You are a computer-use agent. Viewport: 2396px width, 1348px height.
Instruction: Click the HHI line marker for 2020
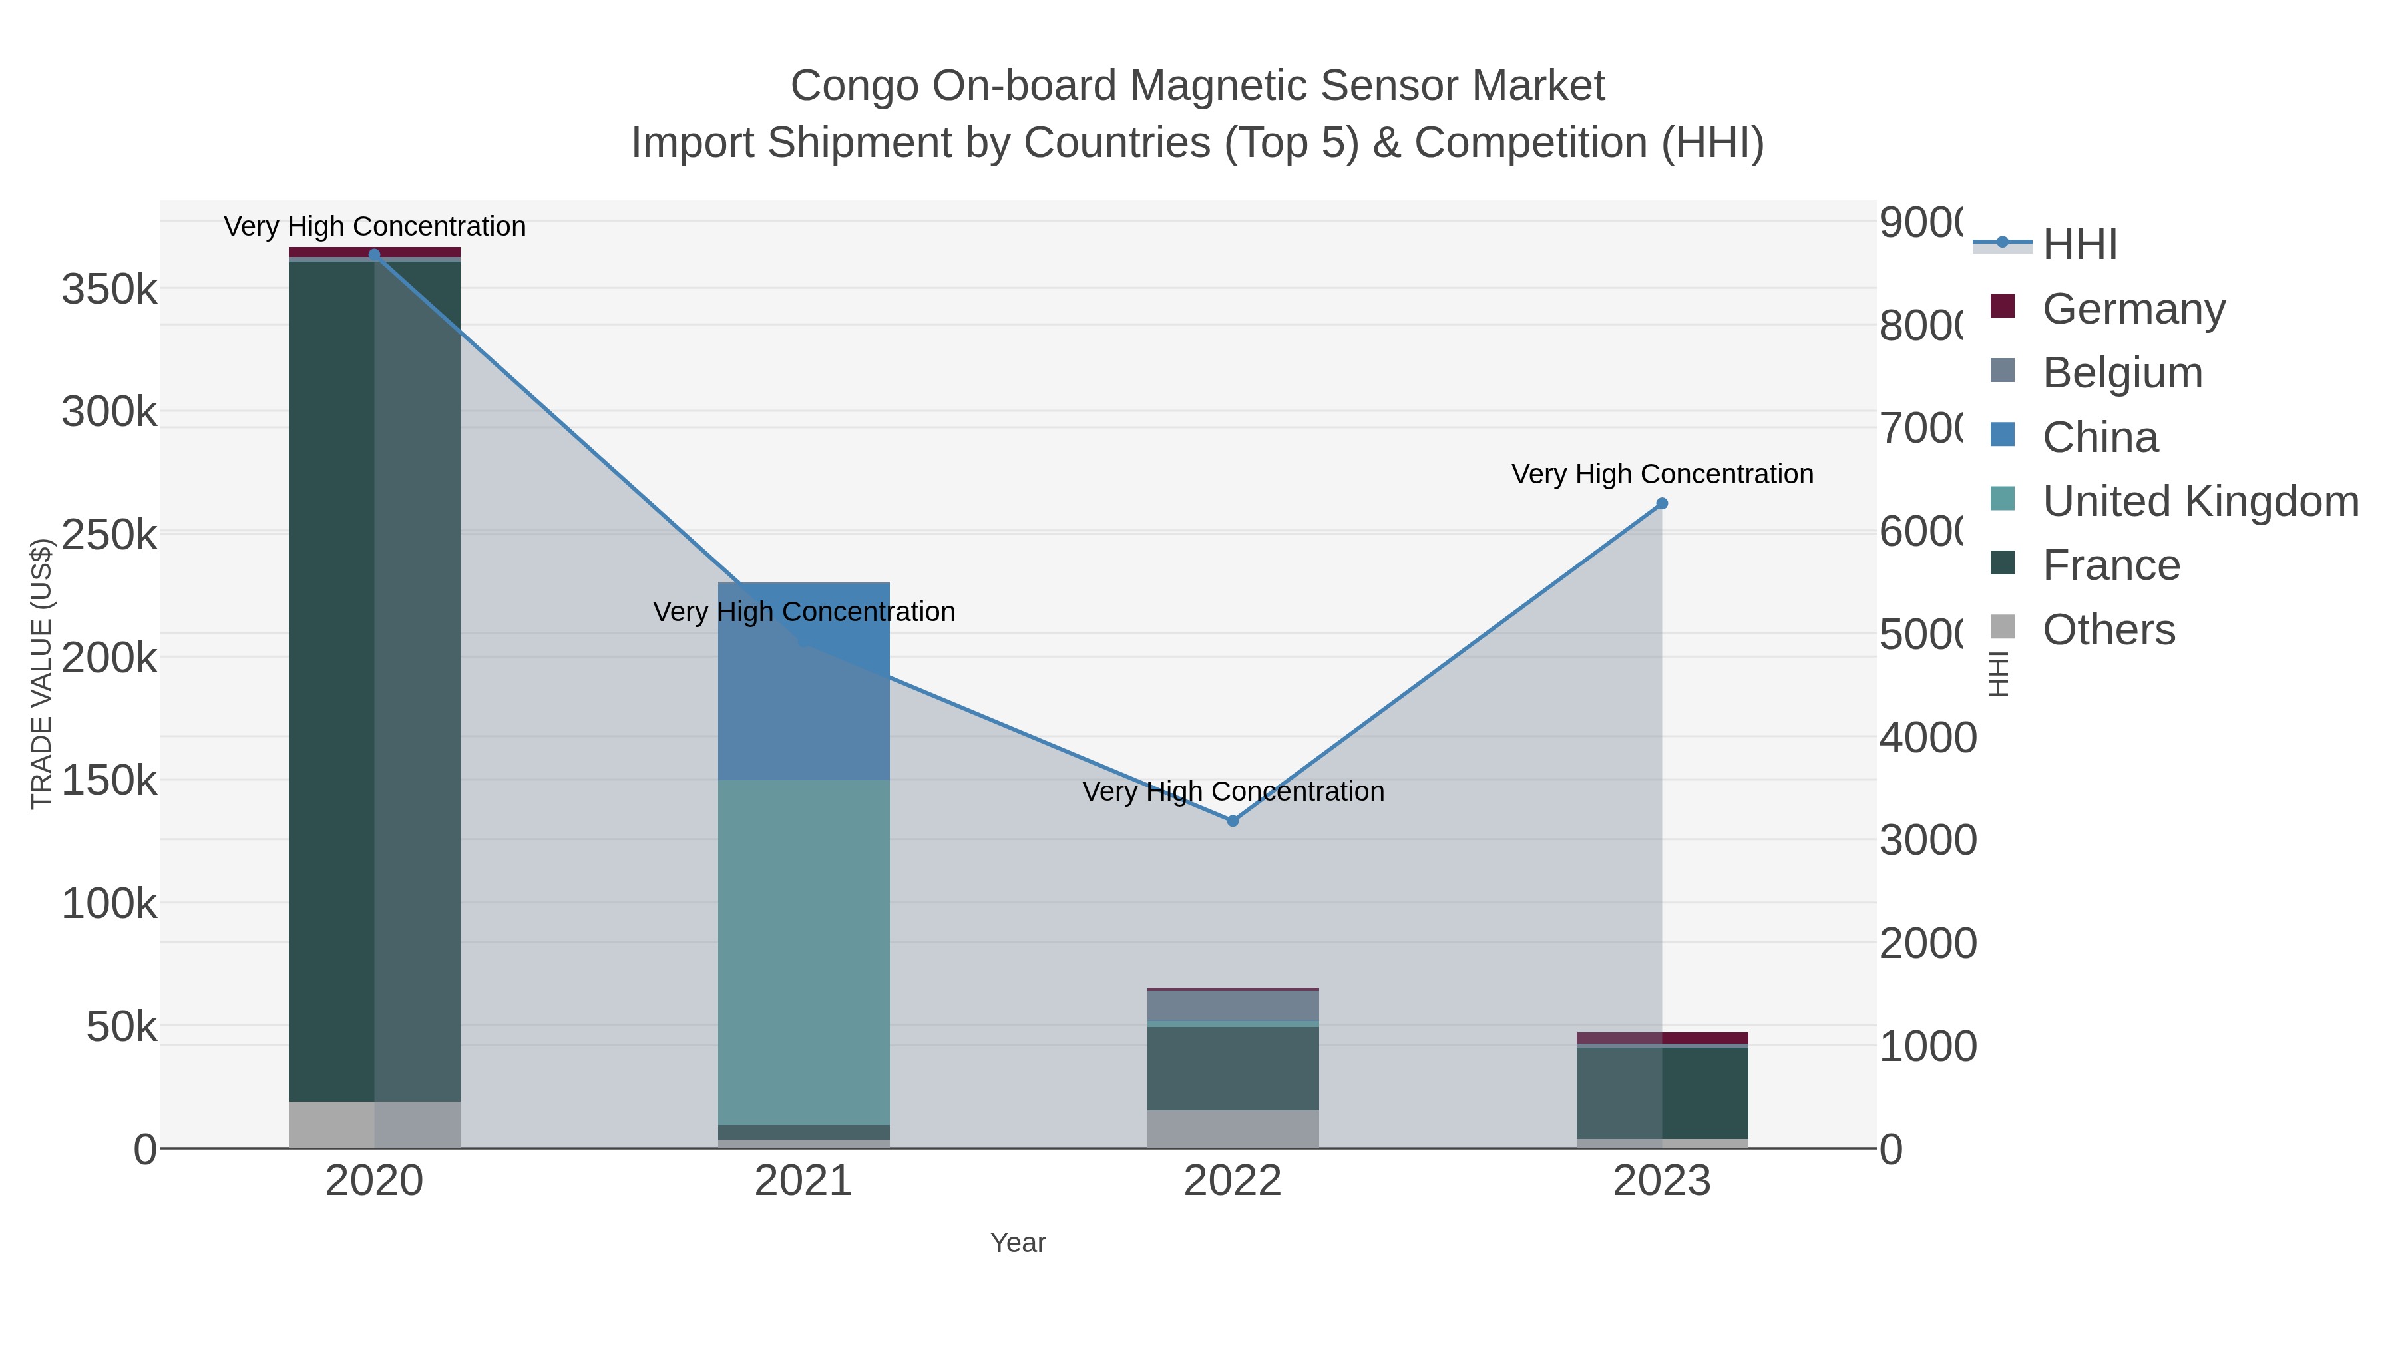pyautogui.click(x=374, y=255)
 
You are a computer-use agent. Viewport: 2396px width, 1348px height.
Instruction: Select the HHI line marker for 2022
pyautogui.click(x=1233, y=821)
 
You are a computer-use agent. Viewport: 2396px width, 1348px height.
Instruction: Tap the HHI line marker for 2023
pyautogui.click(x=1662, y=503)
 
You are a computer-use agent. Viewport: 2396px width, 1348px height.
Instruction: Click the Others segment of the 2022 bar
pyautogui.click(x=1233, y=1128)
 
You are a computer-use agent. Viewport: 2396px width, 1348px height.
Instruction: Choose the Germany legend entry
pyautogui.click(x=2133, y=309)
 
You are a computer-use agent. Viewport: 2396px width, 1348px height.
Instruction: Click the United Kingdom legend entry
pyautogui.click(x=2200, y=501)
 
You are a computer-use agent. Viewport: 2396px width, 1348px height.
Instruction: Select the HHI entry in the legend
pyautogui.click(x=2080, y=245)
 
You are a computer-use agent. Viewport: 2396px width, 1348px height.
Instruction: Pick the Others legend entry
pyautogui.click(x=2108, y=630)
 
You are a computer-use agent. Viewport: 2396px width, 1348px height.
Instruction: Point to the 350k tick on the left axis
pyautogui.click(x=109, y=290)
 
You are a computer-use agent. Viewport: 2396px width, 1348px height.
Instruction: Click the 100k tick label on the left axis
pyautogui.click(x=109, y=903)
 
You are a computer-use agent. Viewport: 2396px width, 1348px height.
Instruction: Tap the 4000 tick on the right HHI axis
pyautogui.click(x=1927, y=738)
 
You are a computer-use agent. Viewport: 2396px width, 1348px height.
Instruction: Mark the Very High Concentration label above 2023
pyautogui.click(x=1662, y=475)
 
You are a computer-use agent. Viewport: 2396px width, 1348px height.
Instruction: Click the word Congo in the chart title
pyautogui.click(x=854, y=86)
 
